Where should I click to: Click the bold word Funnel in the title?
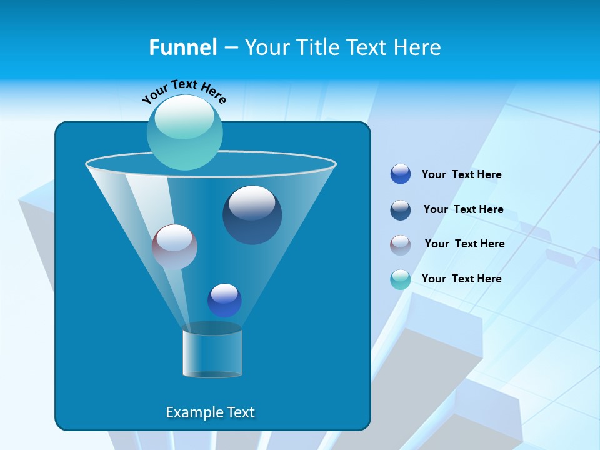182,47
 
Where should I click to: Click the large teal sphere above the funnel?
184,133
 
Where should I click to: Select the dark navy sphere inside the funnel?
252,215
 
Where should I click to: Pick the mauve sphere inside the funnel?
174,247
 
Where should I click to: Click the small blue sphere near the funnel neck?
224,300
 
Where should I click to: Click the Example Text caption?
210,412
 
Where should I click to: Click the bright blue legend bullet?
401,174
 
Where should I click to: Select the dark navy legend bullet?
401,209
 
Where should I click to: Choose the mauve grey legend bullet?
401,244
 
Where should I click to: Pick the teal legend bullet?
401,279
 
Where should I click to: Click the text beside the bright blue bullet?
461,175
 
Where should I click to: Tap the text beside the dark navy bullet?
463,209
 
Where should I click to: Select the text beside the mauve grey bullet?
464,244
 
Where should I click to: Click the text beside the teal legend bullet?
461,279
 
